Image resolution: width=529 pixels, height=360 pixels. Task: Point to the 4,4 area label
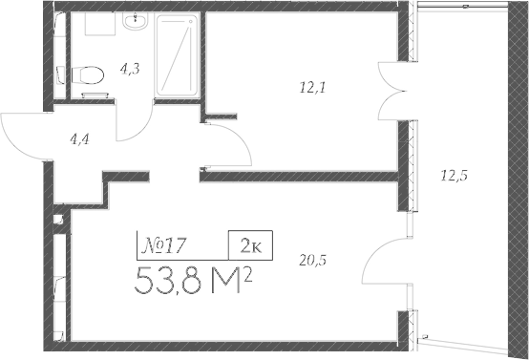(x=82, y=138)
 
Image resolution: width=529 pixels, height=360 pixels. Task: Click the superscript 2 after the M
(x=248, y=273)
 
